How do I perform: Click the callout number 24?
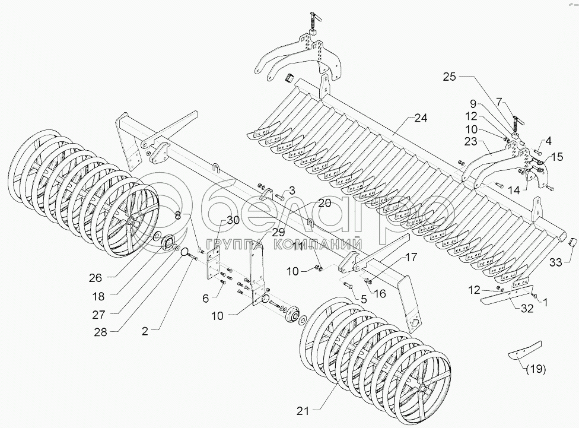click(x=421, y=118)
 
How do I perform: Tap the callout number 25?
click(x=450, y=77)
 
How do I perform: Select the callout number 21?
click(x=303, y=411)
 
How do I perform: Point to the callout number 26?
click(x=95, y=278)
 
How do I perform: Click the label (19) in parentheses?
click(x=536, y=369)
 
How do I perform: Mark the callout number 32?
click(x=527, y=308)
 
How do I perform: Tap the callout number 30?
click(x=233, y=220)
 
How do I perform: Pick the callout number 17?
click(x=411, y=257)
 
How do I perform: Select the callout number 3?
click(x=292, y=191)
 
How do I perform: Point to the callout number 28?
click(x=100, y=332)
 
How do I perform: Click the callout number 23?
click(x=471, y=141)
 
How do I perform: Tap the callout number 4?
click(x=548, y=141)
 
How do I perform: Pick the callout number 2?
click(x=145, y=331)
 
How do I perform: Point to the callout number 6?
click(x=205, y=298)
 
